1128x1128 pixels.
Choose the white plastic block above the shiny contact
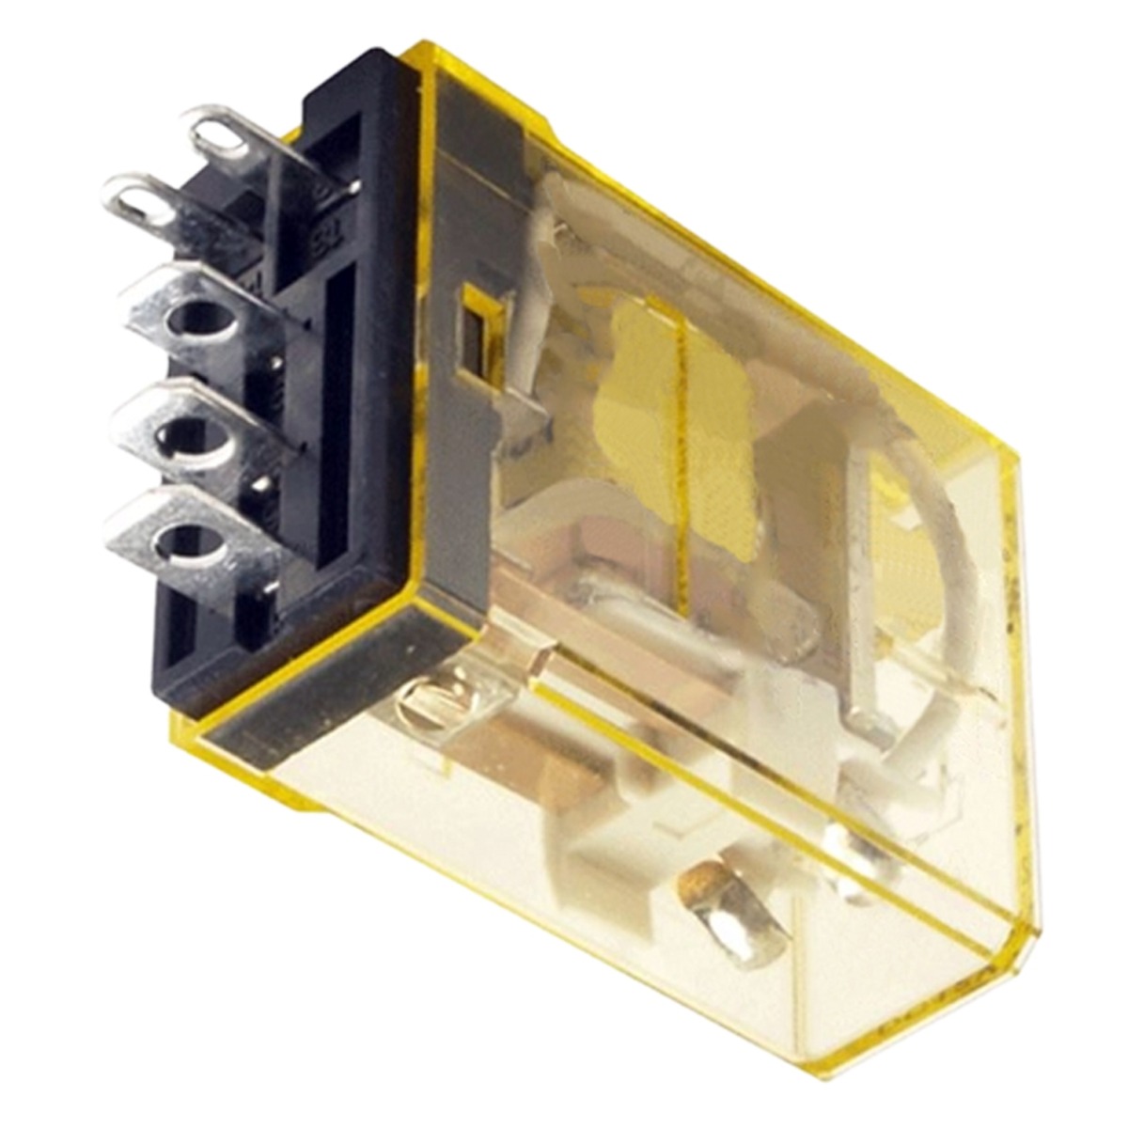point(620,837)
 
